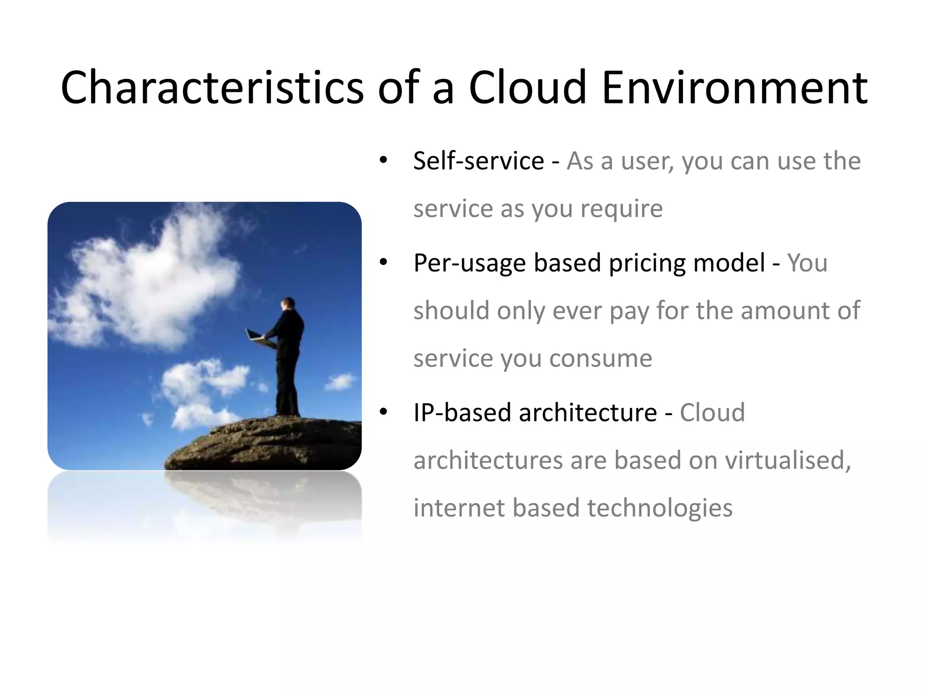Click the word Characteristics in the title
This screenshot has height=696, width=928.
point(212,87)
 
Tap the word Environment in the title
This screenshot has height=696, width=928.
point(735,87)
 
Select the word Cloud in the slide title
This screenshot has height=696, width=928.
point(527,87)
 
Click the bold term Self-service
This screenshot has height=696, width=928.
point(478,161)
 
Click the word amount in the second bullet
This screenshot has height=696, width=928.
point(786,311)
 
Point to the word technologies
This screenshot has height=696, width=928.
point(660,508)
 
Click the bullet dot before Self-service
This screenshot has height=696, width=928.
point(383,161)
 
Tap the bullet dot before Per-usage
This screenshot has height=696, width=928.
point(383,263)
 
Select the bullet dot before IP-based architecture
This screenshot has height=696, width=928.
point(383,413)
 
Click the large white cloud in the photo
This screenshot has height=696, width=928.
point(150,281)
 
